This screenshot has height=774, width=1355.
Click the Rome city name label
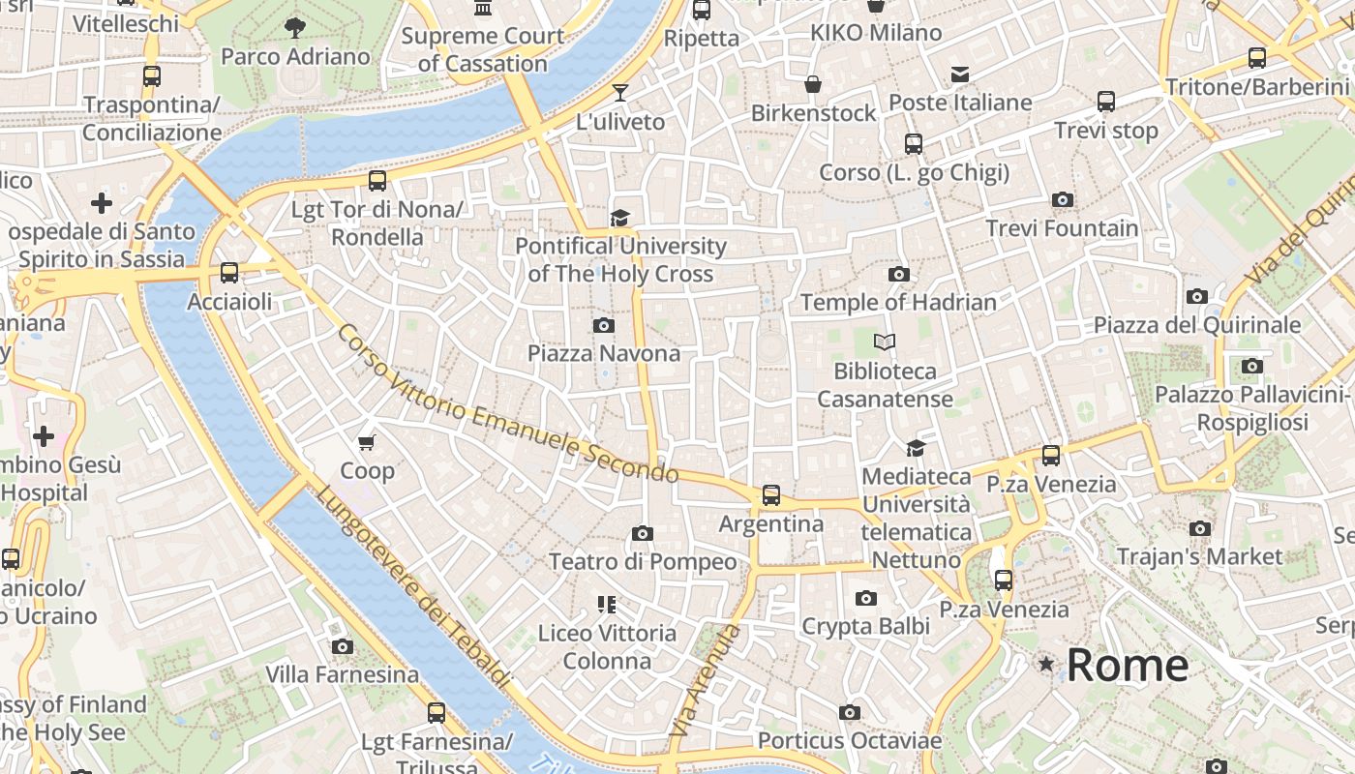(1128, 665)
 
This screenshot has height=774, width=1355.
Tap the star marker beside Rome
(1046, 664)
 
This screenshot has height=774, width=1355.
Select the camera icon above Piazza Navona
(603, 325)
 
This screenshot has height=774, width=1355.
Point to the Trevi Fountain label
(1062, 228)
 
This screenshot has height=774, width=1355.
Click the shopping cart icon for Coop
(366, 442)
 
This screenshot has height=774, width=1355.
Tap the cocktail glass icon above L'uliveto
(619, 93)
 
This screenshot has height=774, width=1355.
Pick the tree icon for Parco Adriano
(295, 28)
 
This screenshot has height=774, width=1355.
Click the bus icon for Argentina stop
(770, 495)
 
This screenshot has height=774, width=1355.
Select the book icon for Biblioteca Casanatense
(885, 342)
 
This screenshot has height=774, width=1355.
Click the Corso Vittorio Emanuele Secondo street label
(507, 404)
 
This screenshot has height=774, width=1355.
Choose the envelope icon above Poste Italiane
(959, 74)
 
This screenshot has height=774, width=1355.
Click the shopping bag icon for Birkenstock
(813, 85)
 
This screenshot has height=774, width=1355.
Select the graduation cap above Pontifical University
(619, 218)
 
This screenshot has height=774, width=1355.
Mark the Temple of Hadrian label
(898, 302)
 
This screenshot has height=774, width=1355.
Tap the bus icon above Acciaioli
(229, 273)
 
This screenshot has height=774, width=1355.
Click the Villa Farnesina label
(342, 674)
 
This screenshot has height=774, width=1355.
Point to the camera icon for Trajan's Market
(1200, 528)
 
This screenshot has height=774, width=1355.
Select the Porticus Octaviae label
(849, 741)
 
